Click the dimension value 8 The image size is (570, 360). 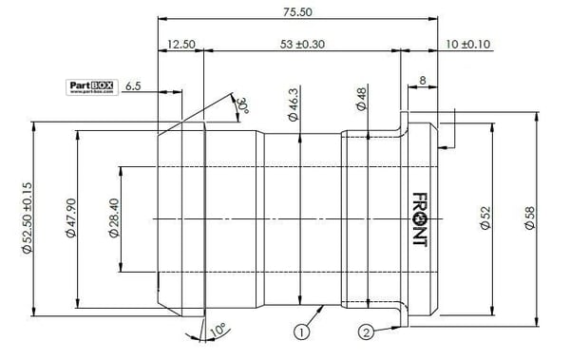[x=423, y=83]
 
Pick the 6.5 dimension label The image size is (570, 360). [x=134, y=85]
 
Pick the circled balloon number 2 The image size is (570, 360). [x=366, y=332]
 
